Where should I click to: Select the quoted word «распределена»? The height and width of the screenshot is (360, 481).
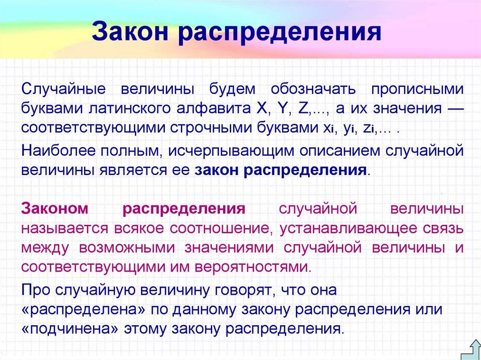coord(80,308)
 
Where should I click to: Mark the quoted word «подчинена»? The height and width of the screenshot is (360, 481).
coord(70,328)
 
